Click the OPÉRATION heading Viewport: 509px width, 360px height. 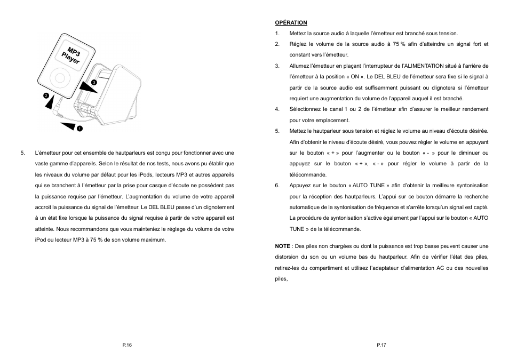point(291,22)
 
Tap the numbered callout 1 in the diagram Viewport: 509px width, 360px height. point(79,129)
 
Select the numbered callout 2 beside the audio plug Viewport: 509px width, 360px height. point(46,96)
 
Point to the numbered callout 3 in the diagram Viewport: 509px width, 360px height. point(94,83)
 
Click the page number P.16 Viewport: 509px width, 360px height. point(127,346)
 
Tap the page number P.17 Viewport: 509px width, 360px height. point(381,346)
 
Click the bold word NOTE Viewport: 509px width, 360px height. point(282,246)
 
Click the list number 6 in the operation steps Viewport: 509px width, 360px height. point(277,186)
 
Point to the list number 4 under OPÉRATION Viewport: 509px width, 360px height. point(277,109)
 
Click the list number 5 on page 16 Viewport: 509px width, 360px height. point(22,153)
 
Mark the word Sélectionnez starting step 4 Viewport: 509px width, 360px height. point(306,109)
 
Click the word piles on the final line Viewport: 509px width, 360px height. point(281,279)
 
